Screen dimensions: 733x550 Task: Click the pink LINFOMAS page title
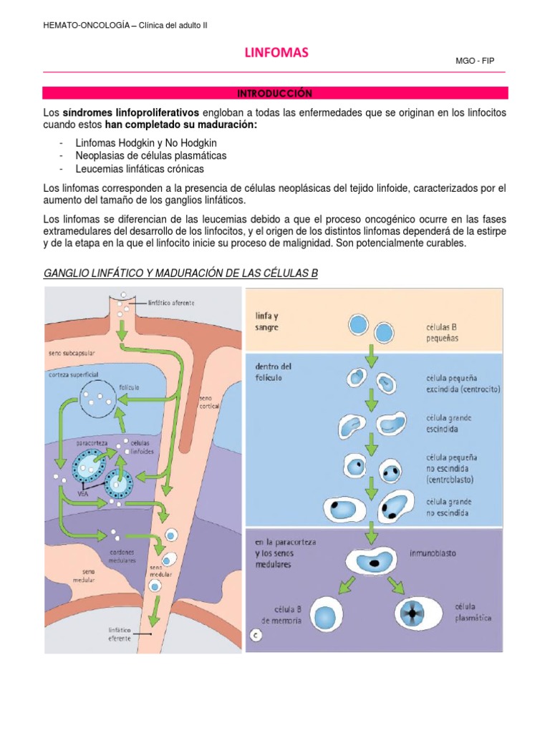[x=276, y=53]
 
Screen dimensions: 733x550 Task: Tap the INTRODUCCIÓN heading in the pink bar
[x=275, y=93]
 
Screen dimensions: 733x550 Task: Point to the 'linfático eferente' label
[x=120, y=634]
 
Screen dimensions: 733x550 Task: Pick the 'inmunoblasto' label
[x=434, y=553]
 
